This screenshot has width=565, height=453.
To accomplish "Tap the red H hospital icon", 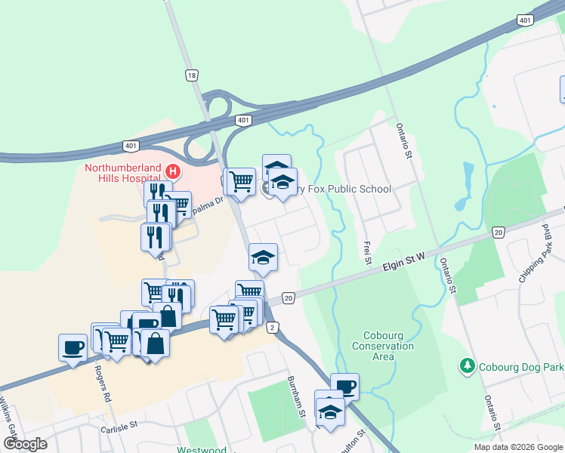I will [172, 171].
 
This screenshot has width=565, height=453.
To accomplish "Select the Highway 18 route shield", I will [192, 75].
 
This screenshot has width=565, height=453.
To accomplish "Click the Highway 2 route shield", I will [272, 326].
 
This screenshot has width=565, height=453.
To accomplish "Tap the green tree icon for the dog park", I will [468, 367].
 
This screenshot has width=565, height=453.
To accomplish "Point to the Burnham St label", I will [295, 397].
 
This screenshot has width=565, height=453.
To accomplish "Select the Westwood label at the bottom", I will [202, 449].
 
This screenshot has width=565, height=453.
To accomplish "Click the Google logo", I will [25, 444].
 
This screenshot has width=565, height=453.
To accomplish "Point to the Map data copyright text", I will [517, 447].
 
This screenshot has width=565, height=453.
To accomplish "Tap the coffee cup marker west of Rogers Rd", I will [73, 348].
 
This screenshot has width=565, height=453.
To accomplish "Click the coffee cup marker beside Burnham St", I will [344, 387].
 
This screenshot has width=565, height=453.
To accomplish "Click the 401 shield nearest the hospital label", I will [131, 145].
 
